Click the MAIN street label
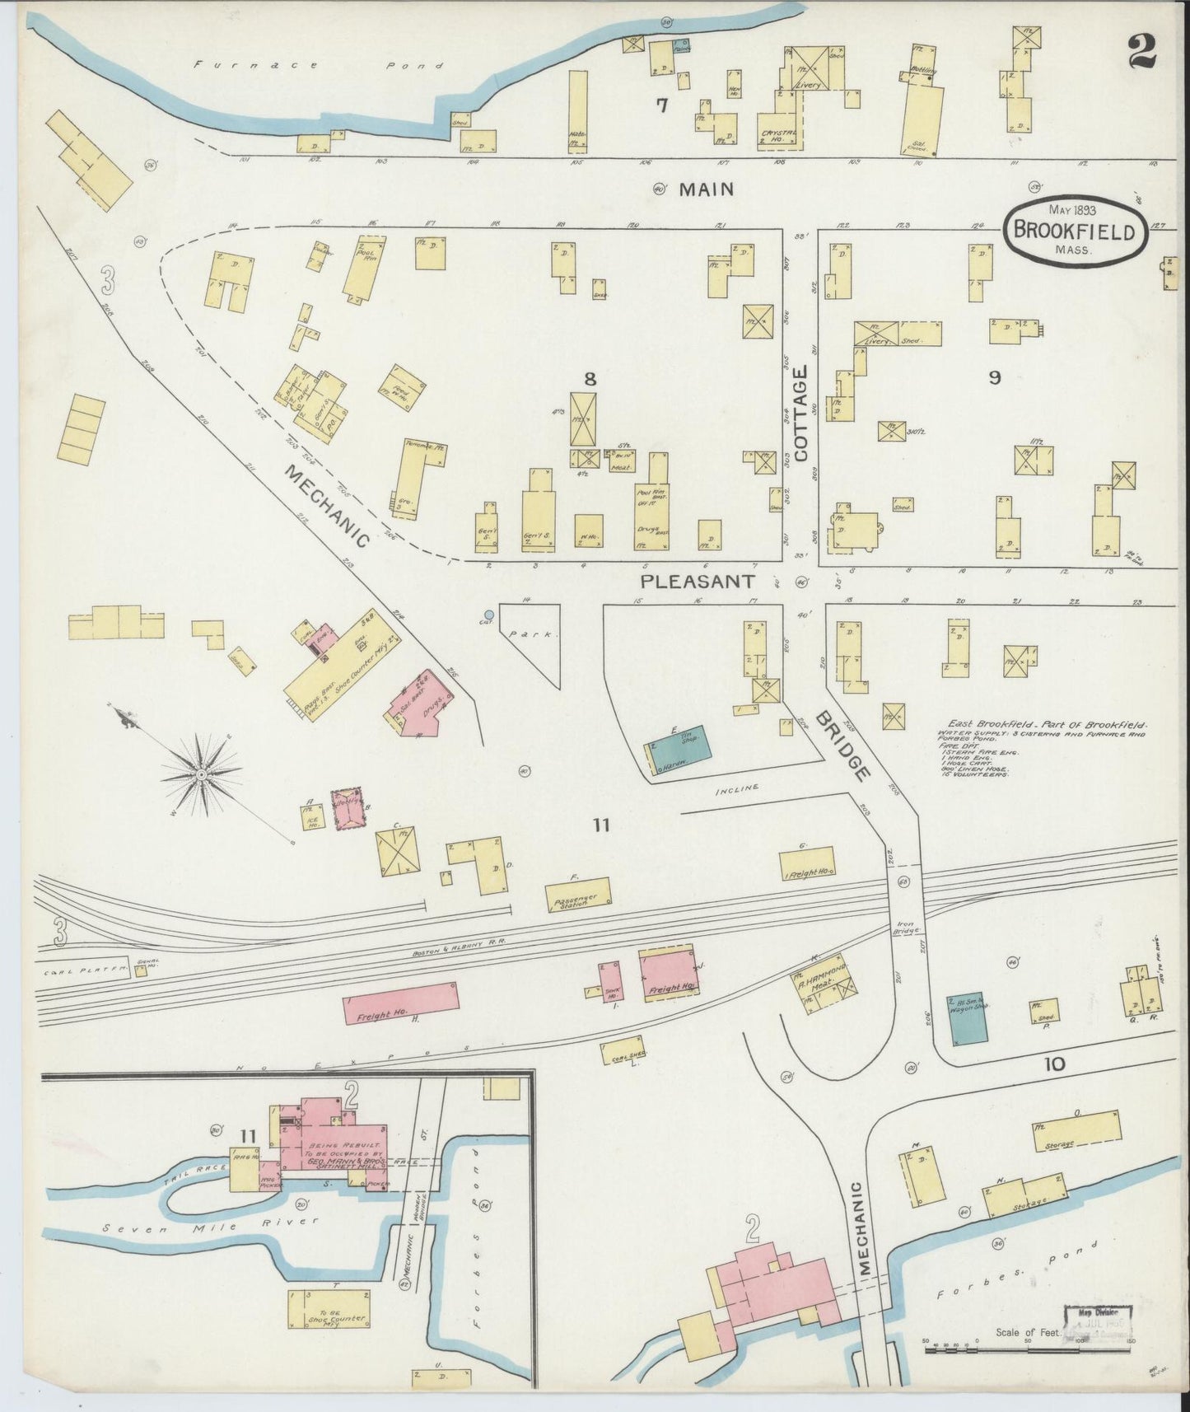(705, 189)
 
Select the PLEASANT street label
(698, 582)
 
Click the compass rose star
(202, 775)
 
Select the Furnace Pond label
(317, 66)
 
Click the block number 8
(590, 379)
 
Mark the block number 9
(995, 377)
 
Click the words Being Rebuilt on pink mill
(333, 1146)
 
